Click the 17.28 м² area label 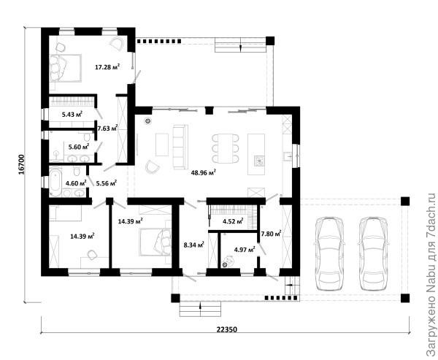point(107,66)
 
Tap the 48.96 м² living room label point(203,172)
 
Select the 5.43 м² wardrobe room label point(72,114)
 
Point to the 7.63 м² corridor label point(107,129)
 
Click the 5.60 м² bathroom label point(79,147)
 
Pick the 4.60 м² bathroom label point(76,183)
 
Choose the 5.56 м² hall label point(107,183)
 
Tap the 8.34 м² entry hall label point(194,245)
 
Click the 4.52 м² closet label point(233,222)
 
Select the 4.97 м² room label point(245,249)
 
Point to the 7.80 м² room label point(271,233)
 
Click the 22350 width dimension point(227,329)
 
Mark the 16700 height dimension point(22,164)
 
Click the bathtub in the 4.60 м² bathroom point(55,181)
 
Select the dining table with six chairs point(225,148)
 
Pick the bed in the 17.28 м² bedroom point(66,68)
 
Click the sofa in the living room point(180,147)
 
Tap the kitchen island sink point(259,161)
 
